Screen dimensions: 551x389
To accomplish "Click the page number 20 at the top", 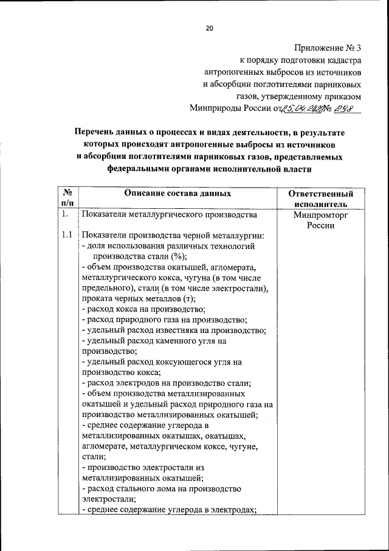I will pos(209,28).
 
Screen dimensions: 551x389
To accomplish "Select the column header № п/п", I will pos(67,198).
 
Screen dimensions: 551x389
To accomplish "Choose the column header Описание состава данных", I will pos(177,193).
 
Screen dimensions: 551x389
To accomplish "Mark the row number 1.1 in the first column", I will pos(67,236).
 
